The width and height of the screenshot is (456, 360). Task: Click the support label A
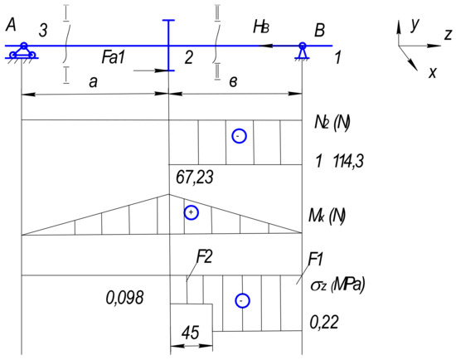11,24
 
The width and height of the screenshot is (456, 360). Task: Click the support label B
319,30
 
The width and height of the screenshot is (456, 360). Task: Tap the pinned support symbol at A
22,51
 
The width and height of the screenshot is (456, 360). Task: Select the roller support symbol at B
303,51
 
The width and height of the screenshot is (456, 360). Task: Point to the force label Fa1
113,57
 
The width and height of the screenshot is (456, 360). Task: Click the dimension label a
93,82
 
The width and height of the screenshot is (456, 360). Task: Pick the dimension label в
233,82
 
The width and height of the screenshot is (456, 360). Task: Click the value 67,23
195,177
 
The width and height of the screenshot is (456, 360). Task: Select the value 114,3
348,161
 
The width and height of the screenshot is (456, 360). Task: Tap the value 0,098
124,298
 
